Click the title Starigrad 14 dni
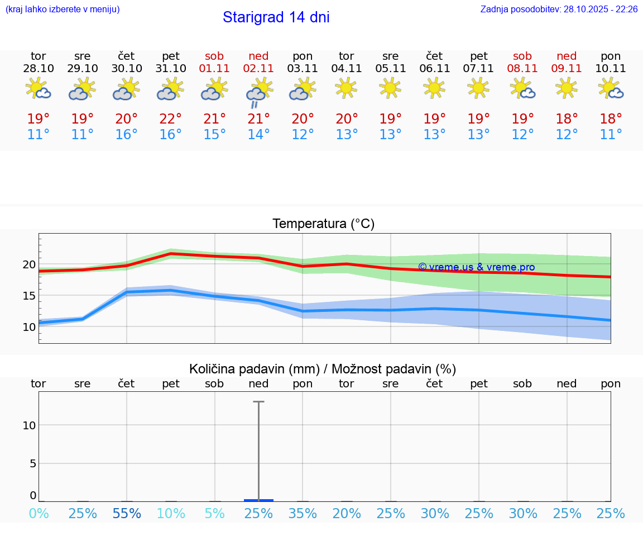276,17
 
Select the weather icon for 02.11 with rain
258,92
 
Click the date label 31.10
171,69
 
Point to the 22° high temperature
171,119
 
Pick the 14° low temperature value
258,135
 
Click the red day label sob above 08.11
522,56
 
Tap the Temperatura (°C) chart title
323,224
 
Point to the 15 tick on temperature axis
29,295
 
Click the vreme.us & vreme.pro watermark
477,267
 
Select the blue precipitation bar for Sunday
258,500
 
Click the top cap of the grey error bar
258,401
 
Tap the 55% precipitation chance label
127,514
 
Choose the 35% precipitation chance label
303,514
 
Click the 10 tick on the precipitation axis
29,425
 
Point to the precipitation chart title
323,369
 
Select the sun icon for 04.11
346,88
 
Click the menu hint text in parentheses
63,10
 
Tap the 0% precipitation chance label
39,514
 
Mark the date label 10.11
611,69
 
